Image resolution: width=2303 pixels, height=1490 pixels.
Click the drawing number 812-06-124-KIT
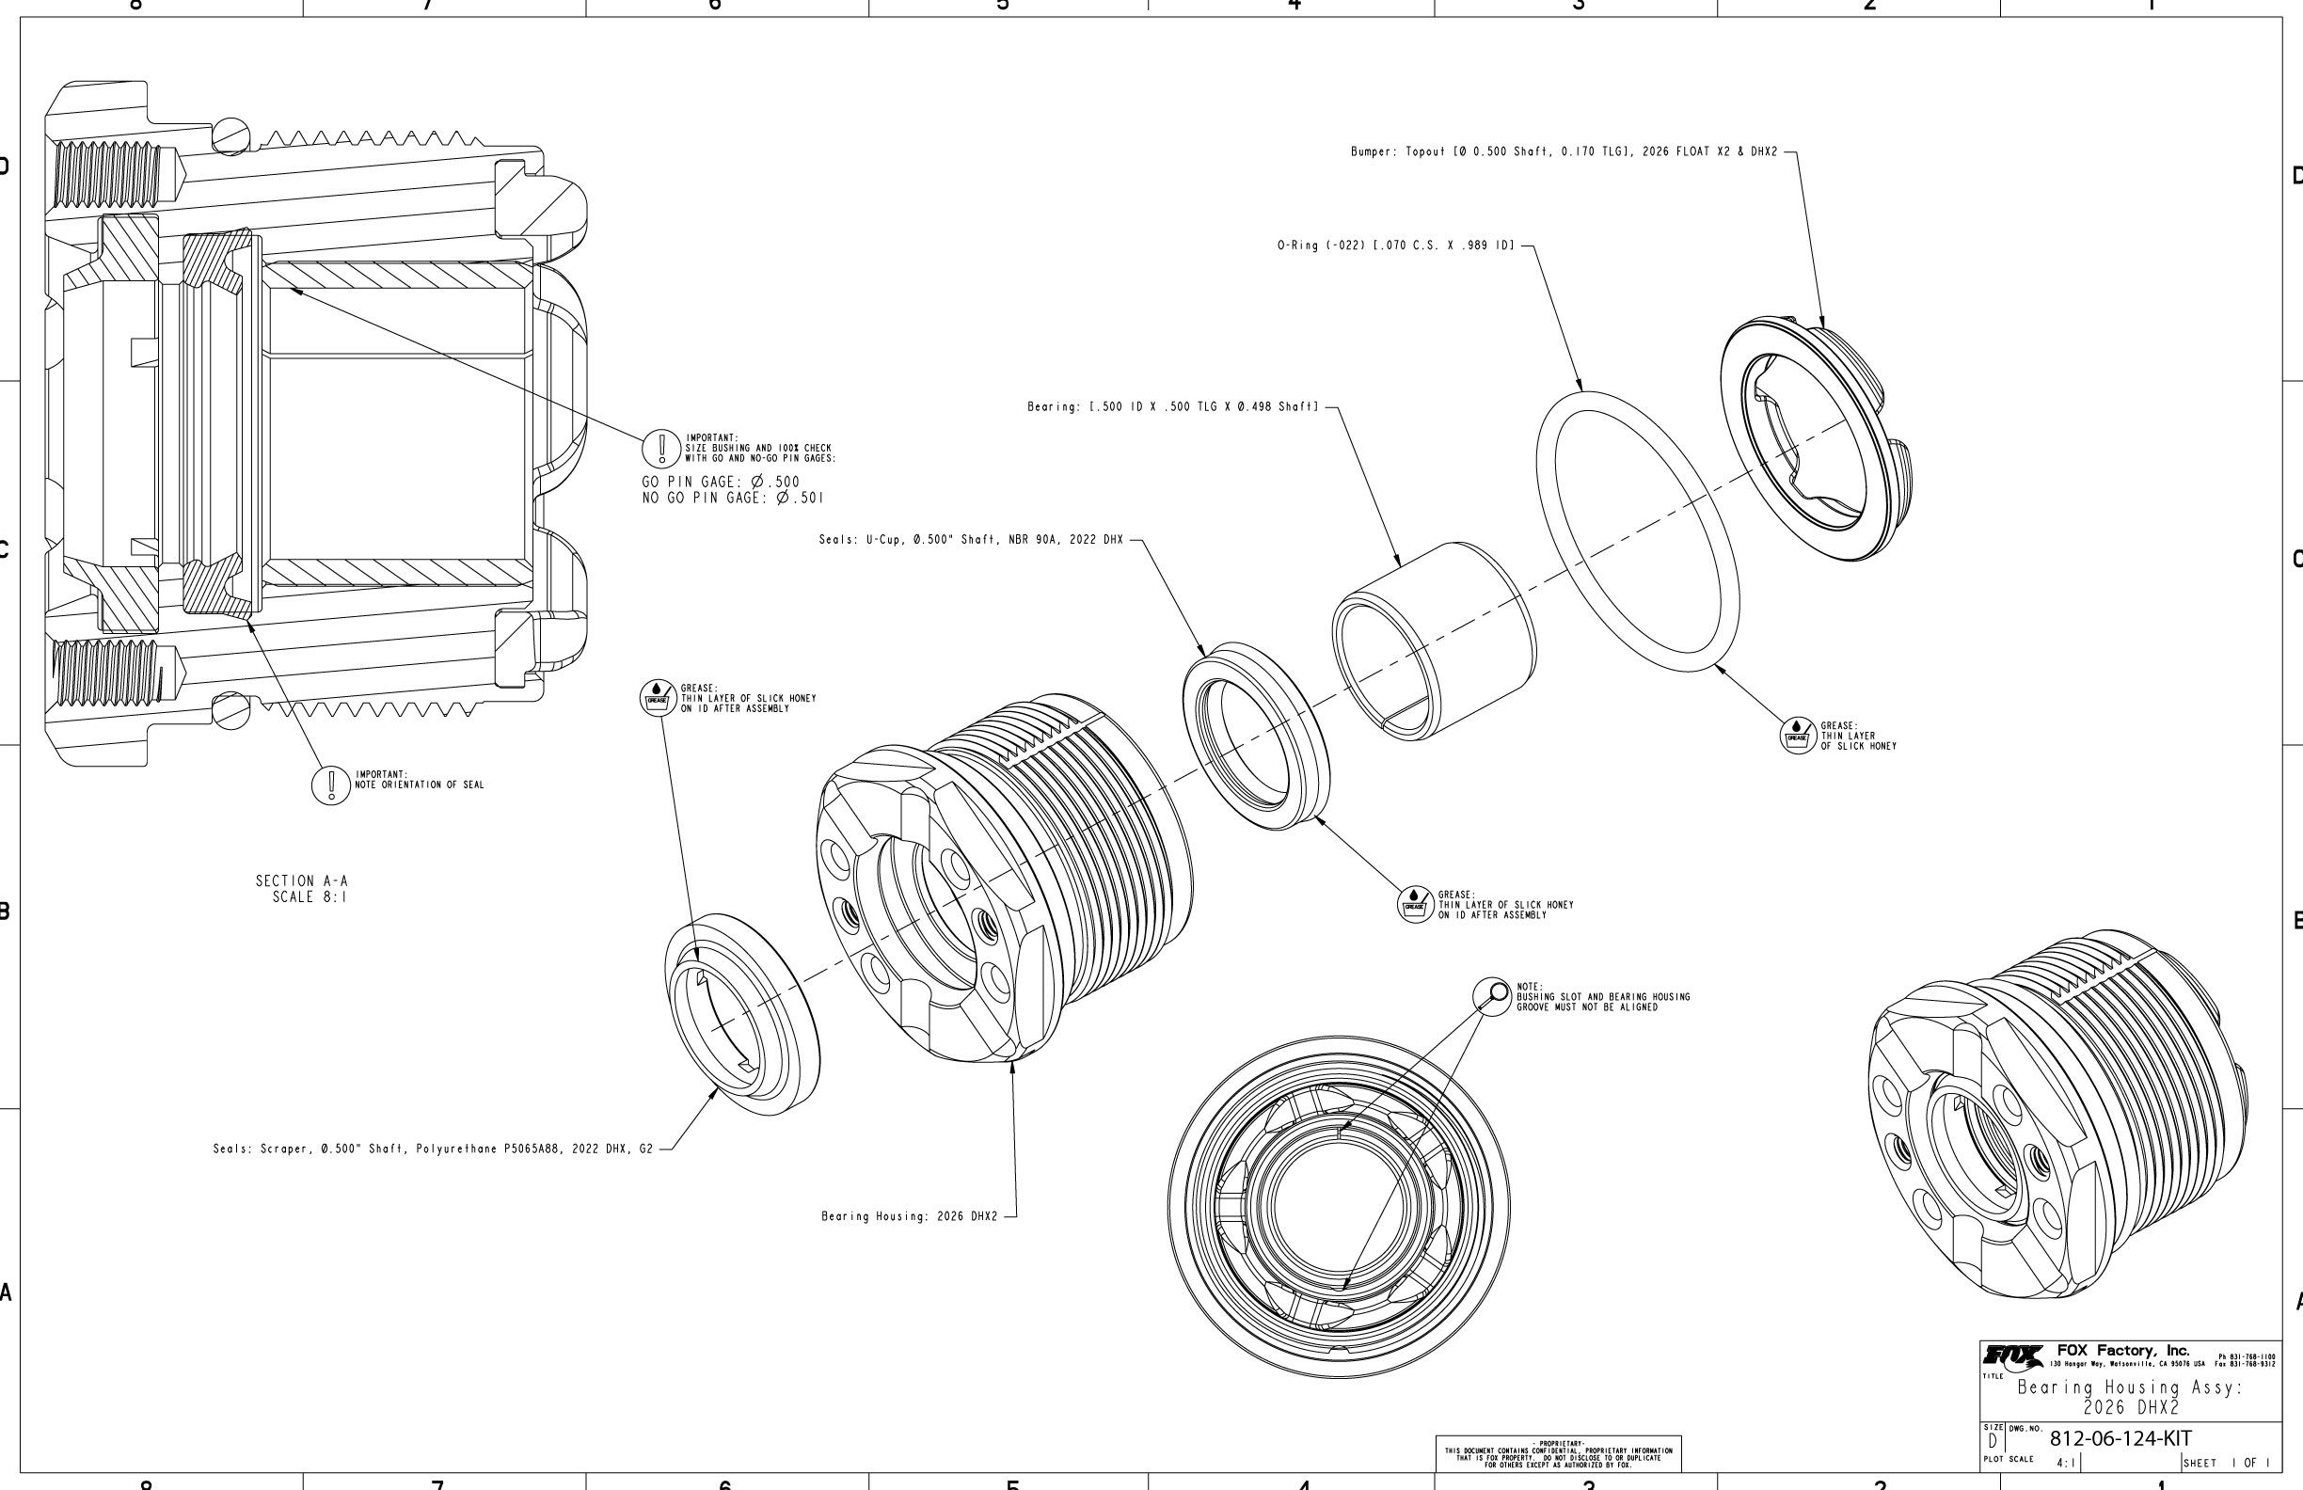(x=2120, y=1438)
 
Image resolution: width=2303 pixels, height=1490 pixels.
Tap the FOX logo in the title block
(x=2013, y=1355)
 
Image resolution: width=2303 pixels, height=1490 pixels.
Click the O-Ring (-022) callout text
(x=1395, y=246)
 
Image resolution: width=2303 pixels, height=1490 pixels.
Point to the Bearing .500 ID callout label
(x=1173, y=407)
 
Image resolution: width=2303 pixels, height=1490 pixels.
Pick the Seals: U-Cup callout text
(x=971, y=540)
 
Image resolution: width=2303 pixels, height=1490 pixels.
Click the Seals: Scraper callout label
(x=433, y=1149)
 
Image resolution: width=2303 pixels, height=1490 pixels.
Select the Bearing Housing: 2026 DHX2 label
(x=909, y=1216)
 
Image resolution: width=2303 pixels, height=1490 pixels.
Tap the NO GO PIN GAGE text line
(x=733, y=499)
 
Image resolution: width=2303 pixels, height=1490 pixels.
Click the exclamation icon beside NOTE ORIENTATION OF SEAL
(x=331, y=785)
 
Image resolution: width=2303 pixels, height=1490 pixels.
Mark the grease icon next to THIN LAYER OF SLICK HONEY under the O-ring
(x=1798, y=736)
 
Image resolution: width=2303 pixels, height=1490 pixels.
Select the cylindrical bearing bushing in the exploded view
(x=1433, y=641)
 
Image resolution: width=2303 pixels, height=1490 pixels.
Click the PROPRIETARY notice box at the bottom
(x=1558, y=1453)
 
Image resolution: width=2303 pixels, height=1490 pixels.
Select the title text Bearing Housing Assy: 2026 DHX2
(x=2129, y=1396)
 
